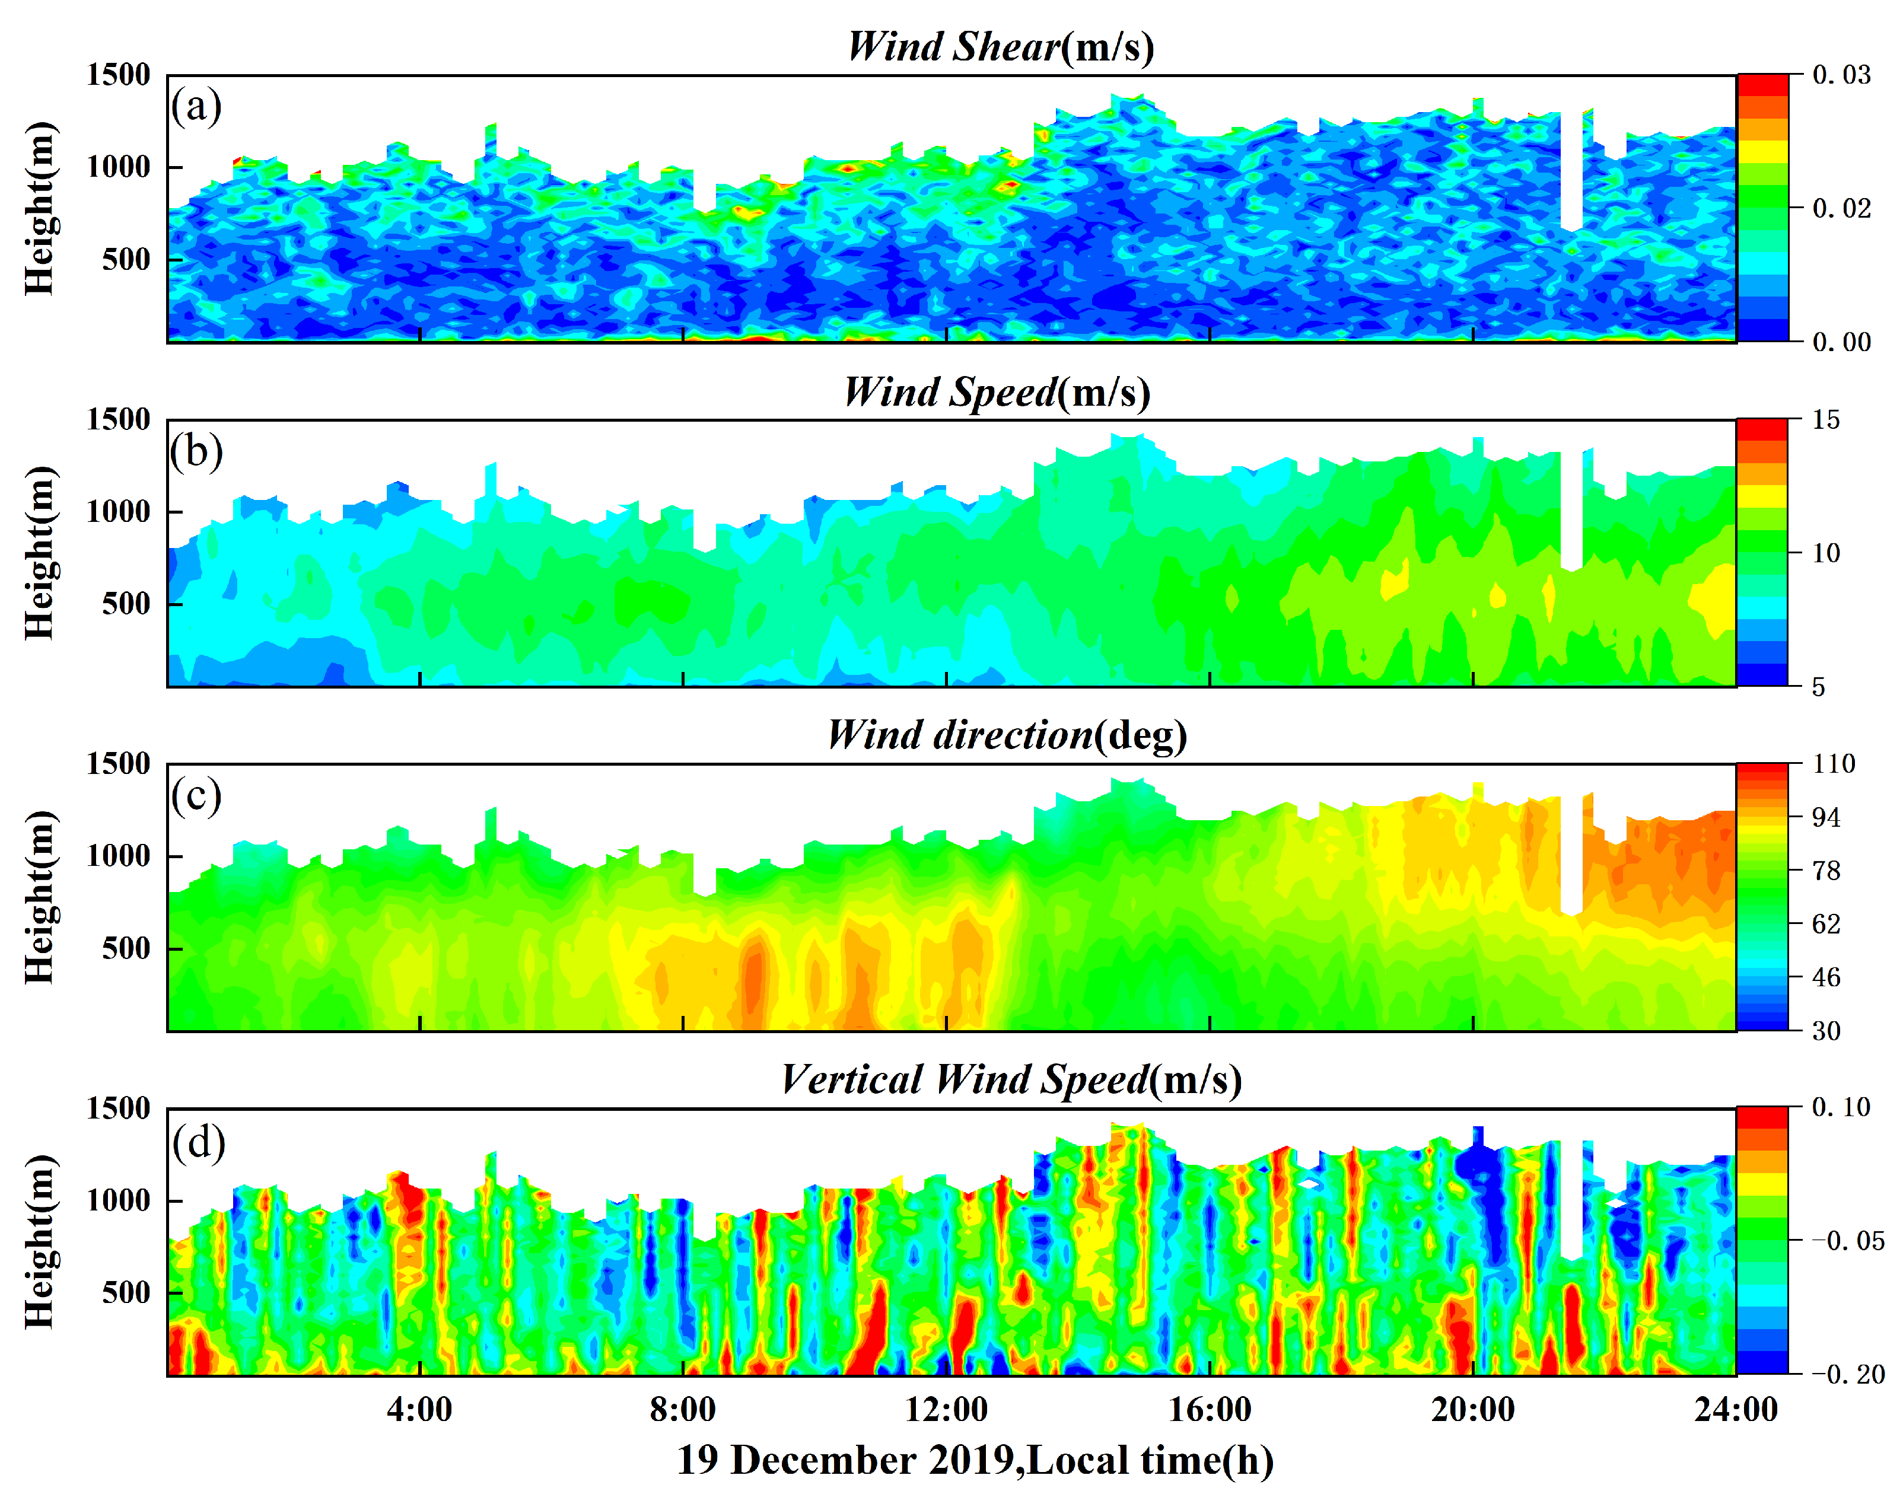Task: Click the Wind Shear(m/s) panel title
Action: click(x=1000, y=47)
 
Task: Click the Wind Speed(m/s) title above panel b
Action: click(x=996, y=392)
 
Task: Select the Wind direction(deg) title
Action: click(x=1007, y=735)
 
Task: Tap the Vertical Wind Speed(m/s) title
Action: click(x=1011, y=1080)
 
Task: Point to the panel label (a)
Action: click(x=196, y=107)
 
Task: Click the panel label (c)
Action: click(x=196, y=796)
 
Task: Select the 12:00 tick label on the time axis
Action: click(x=946, y=1409)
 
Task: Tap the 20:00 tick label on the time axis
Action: click(x=1473, y=1409)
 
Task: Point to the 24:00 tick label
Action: click(x=1735, y=1409)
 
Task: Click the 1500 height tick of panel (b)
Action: click(x=118, y=420)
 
